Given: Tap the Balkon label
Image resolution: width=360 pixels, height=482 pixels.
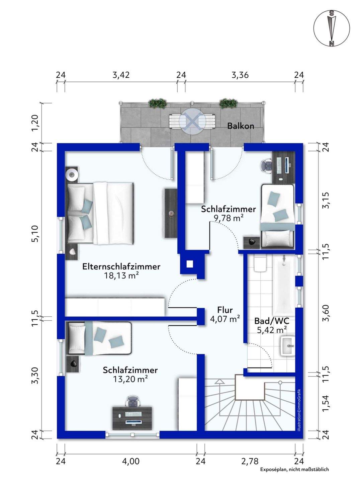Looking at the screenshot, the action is tap(241, 126).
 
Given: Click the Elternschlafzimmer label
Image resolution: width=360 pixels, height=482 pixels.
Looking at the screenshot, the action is tap(121, 266).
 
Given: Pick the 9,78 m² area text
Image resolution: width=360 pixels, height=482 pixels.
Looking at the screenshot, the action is tap(229, 218).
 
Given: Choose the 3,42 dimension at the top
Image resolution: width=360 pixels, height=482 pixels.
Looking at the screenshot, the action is tap(121, 75).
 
